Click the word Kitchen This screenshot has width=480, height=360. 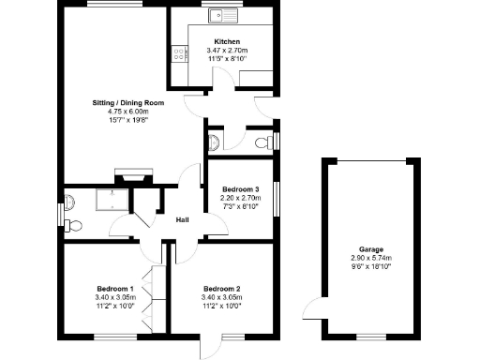[228, 42]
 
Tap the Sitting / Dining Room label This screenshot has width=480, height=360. [128, 101]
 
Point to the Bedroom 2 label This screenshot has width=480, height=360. [222, 288]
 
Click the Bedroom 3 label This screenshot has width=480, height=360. [240, 189]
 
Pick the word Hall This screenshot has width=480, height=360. [184, 220]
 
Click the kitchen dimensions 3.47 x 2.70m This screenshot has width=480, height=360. [228, 51]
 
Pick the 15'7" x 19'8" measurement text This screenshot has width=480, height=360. [128, 120]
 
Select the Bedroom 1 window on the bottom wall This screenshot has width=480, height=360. [113, 336]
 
